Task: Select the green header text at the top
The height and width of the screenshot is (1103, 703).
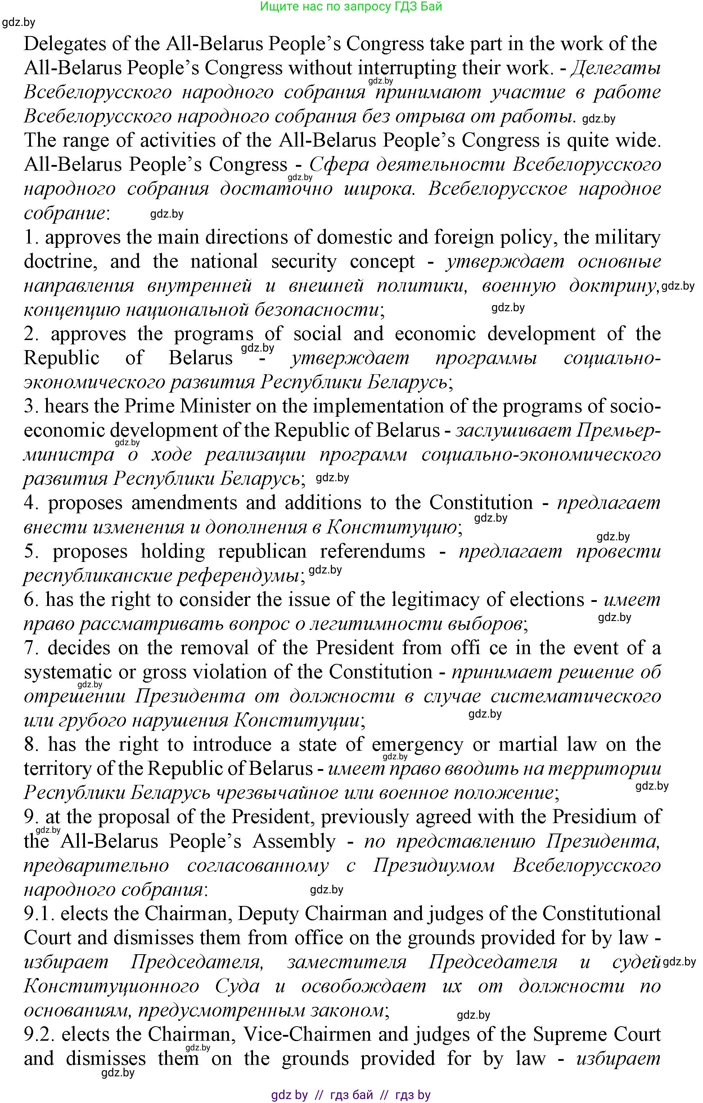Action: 351,7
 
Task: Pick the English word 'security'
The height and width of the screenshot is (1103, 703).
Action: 303,262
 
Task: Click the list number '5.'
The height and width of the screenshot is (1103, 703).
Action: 32,551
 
